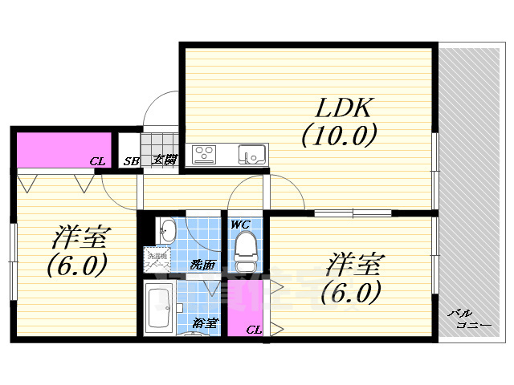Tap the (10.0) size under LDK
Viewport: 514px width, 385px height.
point(338,136)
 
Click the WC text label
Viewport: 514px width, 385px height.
point(241,225)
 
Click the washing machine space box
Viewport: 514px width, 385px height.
point(156,260)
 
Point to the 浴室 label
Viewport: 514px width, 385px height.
point(206,323)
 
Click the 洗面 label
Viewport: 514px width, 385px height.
point(202,264)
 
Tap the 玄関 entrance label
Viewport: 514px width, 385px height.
point(165,160)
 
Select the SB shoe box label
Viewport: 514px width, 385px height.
point(129,161)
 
